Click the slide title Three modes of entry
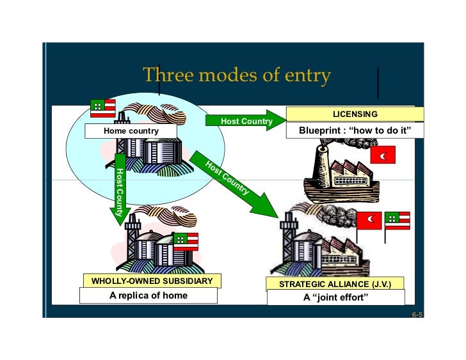(236, 75)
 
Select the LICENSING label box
(355, 114)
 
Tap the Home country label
(131, 131)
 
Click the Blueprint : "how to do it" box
(355, 131)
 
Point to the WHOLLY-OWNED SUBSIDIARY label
(148, 281)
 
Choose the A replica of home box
(148, 295)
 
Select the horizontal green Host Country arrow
(246, 121)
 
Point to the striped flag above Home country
(102, 109)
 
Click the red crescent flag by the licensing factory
(383, 155)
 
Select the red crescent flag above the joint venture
(369, 219)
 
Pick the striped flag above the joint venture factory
(397, 220)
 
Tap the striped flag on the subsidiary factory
(186, 241)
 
